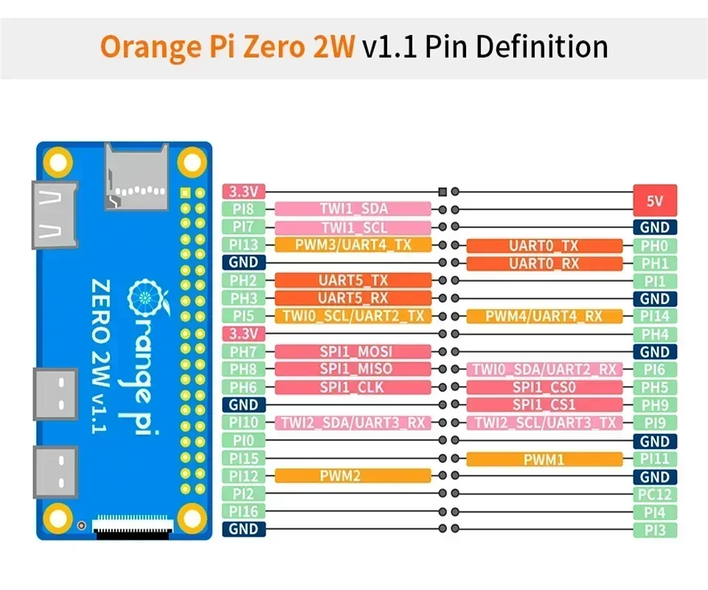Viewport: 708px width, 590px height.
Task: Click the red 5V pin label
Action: pyautogui.click(x=655, y=200)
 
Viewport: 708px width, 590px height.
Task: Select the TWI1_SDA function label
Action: pyautogui.click(x=353, y=209)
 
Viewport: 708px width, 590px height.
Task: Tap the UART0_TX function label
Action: pyautogui.click(x=544, y=246)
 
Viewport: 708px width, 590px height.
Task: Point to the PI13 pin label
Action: pyautogui.click(x=243, y=245)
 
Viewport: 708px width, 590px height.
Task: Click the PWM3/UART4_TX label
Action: pyautogui.click(x=353, y=245)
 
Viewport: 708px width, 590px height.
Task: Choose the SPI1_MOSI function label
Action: pyautogui.click(x=353, y=352)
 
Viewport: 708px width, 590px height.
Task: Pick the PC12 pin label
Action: pyautogui.click(x=655, y=494)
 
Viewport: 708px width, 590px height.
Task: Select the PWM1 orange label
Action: pyautogui.click(x=544, y=459)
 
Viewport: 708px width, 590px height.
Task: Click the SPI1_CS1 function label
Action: pyautogui.click(x=544, y=405)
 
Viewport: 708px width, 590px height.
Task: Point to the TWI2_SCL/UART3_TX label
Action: pyautogui.click(x=544, y=423)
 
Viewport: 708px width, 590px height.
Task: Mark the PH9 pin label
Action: pyautogui.click(x=655, y=405)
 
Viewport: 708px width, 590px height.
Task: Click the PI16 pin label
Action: pyautogui.click(x=243, y=511)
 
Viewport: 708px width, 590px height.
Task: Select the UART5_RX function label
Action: pyautogui.click(x=353, y=298)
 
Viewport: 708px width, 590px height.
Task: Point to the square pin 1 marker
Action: pyautogui.click(x=442, y=191)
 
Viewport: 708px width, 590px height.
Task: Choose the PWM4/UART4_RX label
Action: pyautogui.click(x=544, y=316)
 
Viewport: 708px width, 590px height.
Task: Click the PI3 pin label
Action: pyautogui.click(x=655, y=530)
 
